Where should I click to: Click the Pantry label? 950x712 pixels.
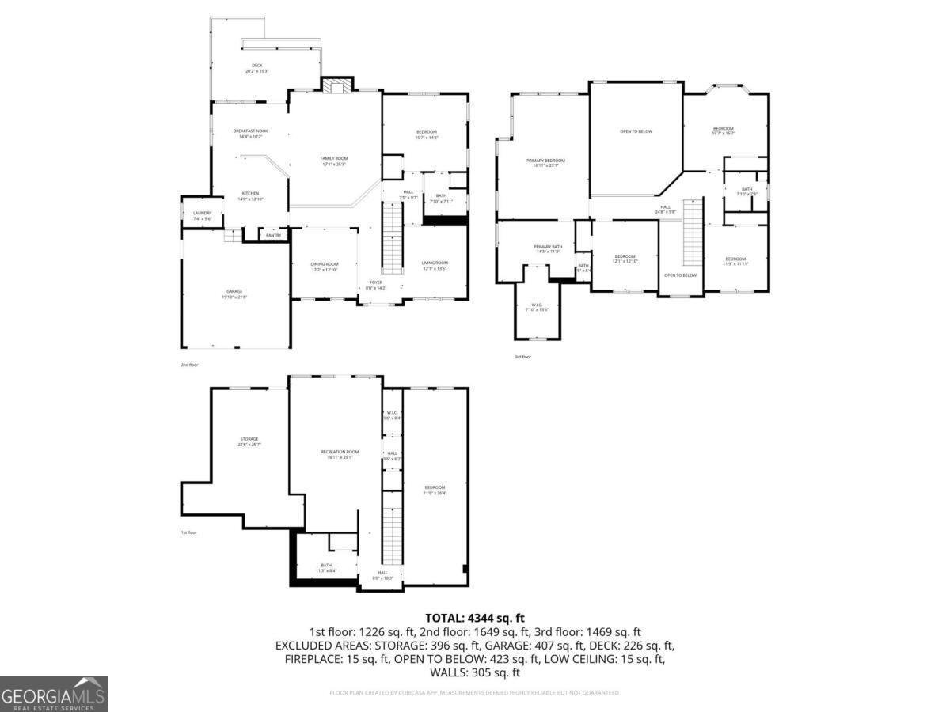274,235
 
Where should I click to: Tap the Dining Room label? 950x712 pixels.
325,267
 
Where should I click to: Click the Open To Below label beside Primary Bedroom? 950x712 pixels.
636,131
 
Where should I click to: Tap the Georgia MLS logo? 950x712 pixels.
54,694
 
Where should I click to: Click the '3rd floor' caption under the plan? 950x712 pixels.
522,357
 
